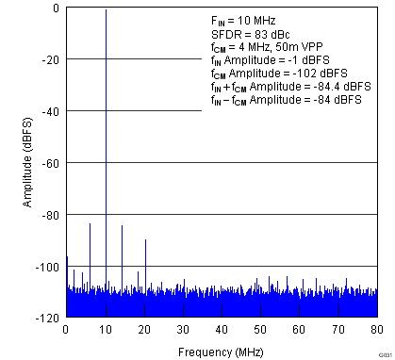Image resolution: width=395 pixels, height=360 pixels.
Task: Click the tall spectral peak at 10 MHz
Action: click(x=106, y=11)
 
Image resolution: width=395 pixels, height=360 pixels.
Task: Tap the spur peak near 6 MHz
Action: click(x=90, y=224)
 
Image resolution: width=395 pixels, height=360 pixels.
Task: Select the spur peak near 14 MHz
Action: click(x=122, y=226)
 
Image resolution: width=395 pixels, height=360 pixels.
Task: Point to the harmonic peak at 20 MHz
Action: click(x=145, y=240)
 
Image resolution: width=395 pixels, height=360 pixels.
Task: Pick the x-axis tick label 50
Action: click(x=260, y=329)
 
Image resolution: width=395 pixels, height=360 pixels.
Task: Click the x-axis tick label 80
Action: click(x=376, y=329)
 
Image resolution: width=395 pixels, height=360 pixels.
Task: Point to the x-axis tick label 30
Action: click(x=183, y=329)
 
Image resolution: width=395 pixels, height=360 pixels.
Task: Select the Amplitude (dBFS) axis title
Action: click(x=11, y=163)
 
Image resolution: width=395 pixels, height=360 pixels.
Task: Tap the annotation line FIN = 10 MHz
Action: click(x=243, y=20)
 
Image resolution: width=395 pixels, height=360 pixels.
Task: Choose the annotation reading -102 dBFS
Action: click(x=309, y=73)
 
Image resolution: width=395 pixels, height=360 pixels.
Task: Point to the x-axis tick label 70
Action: click(x=337, y=329)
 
